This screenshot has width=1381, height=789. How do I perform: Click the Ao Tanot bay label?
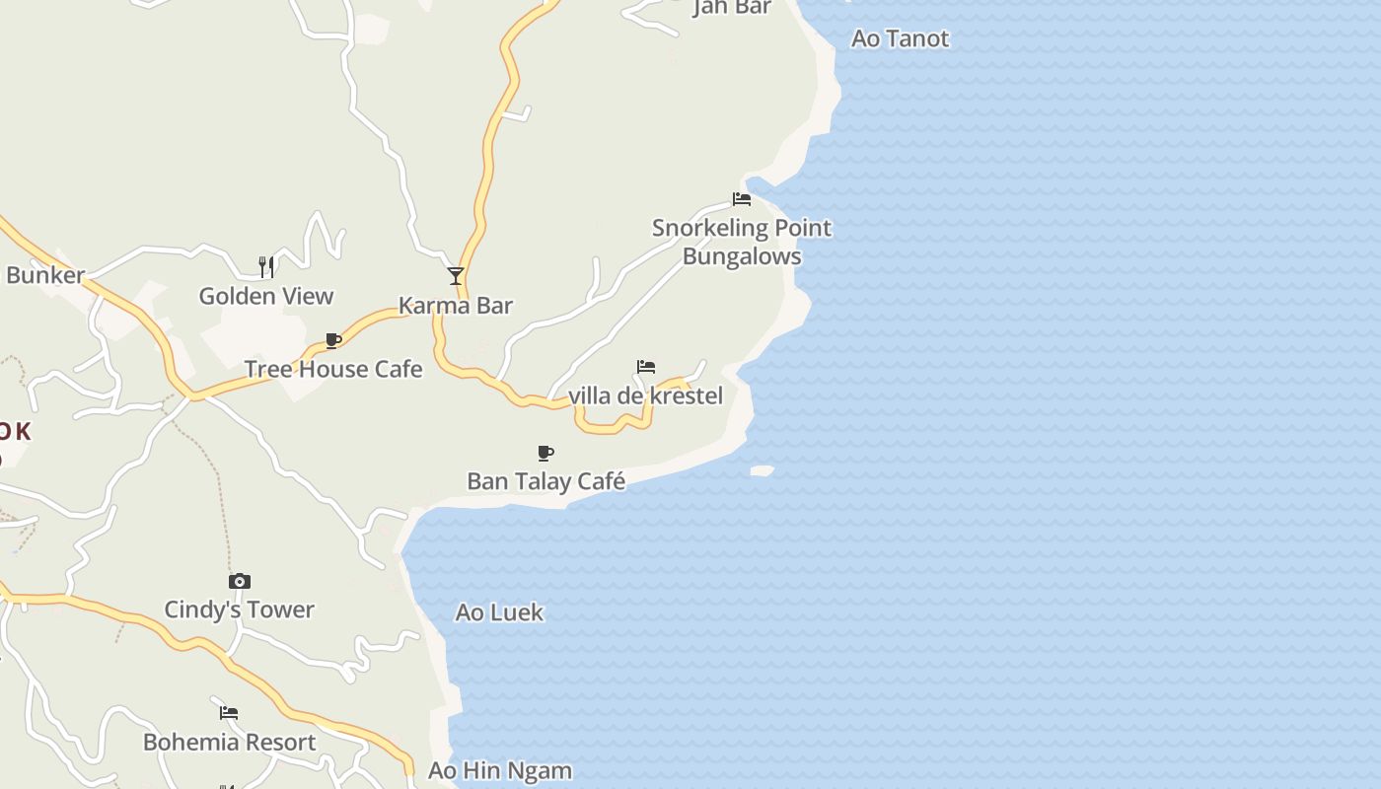coord(900,39)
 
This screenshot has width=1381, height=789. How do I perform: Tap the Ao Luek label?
coord(499,612)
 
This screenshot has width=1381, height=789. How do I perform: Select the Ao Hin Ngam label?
coord(500,771)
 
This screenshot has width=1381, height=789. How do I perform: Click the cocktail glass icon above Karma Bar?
coord(455,276)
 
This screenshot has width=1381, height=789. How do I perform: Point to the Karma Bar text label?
coord(456,306)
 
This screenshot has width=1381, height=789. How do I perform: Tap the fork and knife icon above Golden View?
coord(266,266)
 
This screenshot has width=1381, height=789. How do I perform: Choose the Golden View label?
coord(266,296)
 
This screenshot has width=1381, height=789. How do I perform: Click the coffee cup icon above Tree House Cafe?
coord(333,341)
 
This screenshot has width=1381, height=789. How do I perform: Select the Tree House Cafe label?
coord(333,370)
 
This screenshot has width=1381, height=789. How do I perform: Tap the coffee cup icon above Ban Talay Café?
coord(545,454)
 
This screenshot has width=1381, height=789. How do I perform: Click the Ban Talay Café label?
coord(545,481)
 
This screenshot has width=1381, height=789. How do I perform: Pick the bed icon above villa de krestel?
coord(646,367)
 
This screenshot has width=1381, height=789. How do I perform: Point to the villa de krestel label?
coord(646,396)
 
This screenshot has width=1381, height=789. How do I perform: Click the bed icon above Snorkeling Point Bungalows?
coord(742,199)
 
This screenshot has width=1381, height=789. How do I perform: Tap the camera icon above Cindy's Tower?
coord(240,582)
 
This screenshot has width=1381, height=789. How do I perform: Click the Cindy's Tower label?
coord(239,610)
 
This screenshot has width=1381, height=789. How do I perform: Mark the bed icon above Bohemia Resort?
coord(229,713)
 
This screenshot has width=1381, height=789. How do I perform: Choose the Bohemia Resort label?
coord(230,743)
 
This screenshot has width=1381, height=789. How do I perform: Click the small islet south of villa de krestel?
coord(762,471)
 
